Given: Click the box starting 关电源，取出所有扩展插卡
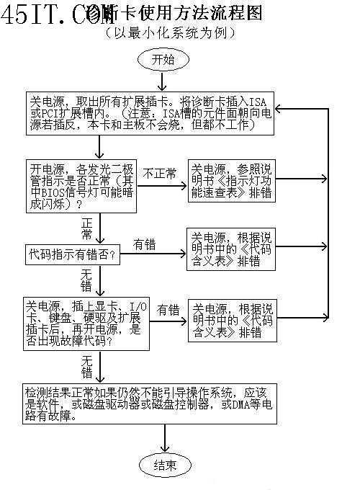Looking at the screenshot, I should pos(151,113).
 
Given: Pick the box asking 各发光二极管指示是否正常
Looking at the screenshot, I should pos(81,186).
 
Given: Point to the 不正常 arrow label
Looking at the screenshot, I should pos(159,174).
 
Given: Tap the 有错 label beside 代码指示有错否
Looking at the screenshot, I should pos(144,245).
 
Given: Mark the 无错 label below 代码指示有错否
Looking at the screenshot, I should pos(86,280).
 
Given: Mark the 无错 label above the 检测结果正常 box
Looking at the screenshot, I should pos(86,366).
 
